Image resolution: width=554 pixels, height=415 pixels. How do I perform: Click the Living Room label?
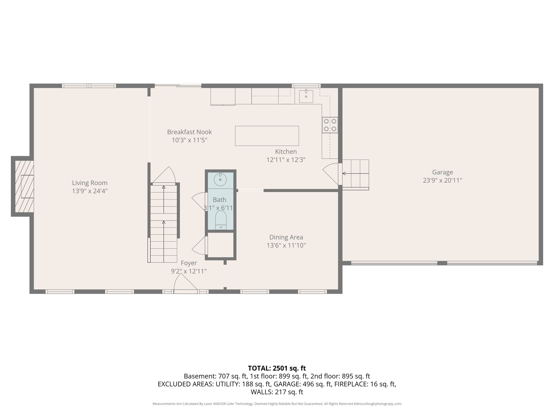[x=90, y=183]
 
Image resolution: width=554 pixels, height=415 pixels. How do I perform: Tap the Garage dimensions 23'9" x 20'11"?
[x=442, y=180]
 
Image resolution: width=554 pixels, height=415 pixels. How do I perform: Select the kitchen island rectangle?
[x=267, y=136]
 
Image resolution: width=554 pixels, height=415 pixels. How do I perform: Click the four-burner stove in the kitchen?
[x=330, y=125]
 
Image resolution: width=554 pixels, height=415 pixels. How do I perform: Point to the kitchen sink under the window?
[x=306, y=96]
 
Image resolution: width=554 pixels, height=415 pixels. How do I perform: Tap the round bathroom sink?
[x=220, y=180]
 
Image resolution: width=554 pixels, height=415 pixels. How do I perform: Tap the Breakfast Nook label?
[x=189, y=132]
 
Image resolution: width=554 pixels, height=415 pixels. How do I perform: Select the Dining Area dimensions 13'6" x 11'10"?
[x=286, y=245]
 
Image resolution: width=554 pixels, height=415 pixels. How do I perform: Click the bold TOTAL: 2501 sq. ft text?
[x=277, y=368]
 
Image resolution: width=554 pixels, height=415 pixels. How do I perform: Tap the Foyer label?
[x=189, y=263]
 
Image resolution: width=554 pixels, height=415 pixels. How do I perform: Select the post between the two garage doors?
[x=442, y=263]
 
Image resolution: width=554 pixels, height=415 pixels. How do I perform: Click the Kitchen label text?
[x=286, y=152]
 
